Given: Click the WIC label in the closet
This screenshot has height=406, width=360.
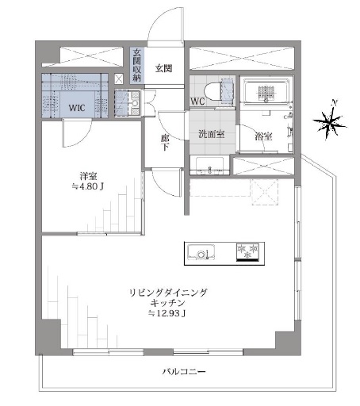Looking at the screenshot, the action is point(77,108).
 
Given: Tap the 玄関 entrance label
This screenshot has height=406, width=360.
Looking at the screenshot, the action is point(163,69).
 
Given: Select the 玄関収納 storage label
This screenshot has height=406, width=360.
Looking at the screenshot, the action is point(137,65).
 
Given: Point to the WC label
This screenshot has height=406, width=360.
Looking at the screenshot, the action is point(197,101).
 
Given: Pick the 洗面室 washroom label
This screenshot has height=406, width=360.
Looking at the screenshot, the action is point(212,134).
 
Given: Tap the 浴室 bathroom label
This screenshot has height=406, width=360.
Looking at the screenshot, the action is point(263,136).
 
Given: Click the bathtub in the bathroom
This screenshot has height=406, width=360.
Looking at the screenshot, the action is point(266,92).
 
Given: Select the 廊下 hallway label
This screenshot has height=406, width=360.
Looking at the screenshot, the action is point(165,142).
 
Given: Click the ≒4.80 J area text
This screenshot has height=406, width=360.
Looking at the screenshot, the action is point(88,186).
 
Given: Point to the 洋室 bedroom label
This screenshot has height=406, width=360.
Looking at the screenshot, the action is point(88,176).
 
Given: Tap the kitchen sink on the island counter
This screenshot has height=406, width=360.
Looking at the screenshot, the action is point(201,252).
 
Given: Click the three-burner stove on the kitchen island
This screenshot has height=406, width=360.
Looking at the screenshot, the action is point(247,252).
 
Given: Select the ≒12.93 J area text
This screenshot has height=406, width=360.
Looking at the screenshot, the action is point(167,313).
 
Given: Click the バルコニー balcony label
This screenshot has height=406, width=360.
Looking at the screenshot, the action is point(184,372).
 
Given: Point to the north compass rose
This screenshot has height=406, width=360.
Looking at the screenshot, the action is point(330,121).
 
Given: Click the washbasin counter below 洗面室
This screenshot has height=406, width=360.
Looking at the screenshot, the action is point(210,166).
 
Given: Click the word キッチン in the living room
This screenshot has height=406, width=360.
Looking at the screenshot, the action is point(167,303).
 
